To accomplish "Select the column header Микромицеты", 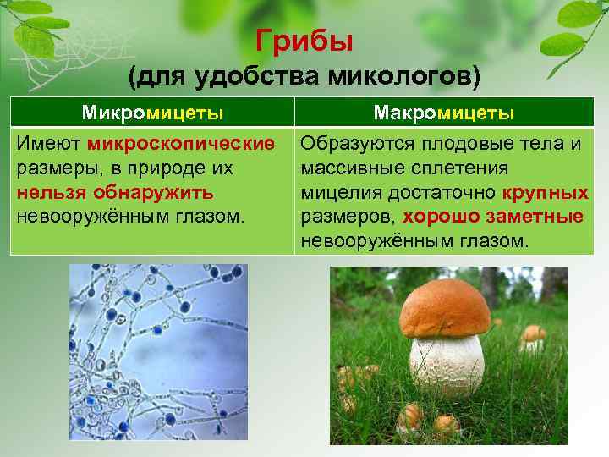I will point(152,113).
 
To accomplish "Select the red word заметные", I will point(535,216).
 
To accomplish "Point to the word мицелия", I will point(335,191).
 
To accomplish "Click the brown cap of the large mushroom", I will point(444,309).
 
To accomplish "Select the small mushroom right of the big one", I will point(533,336).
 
